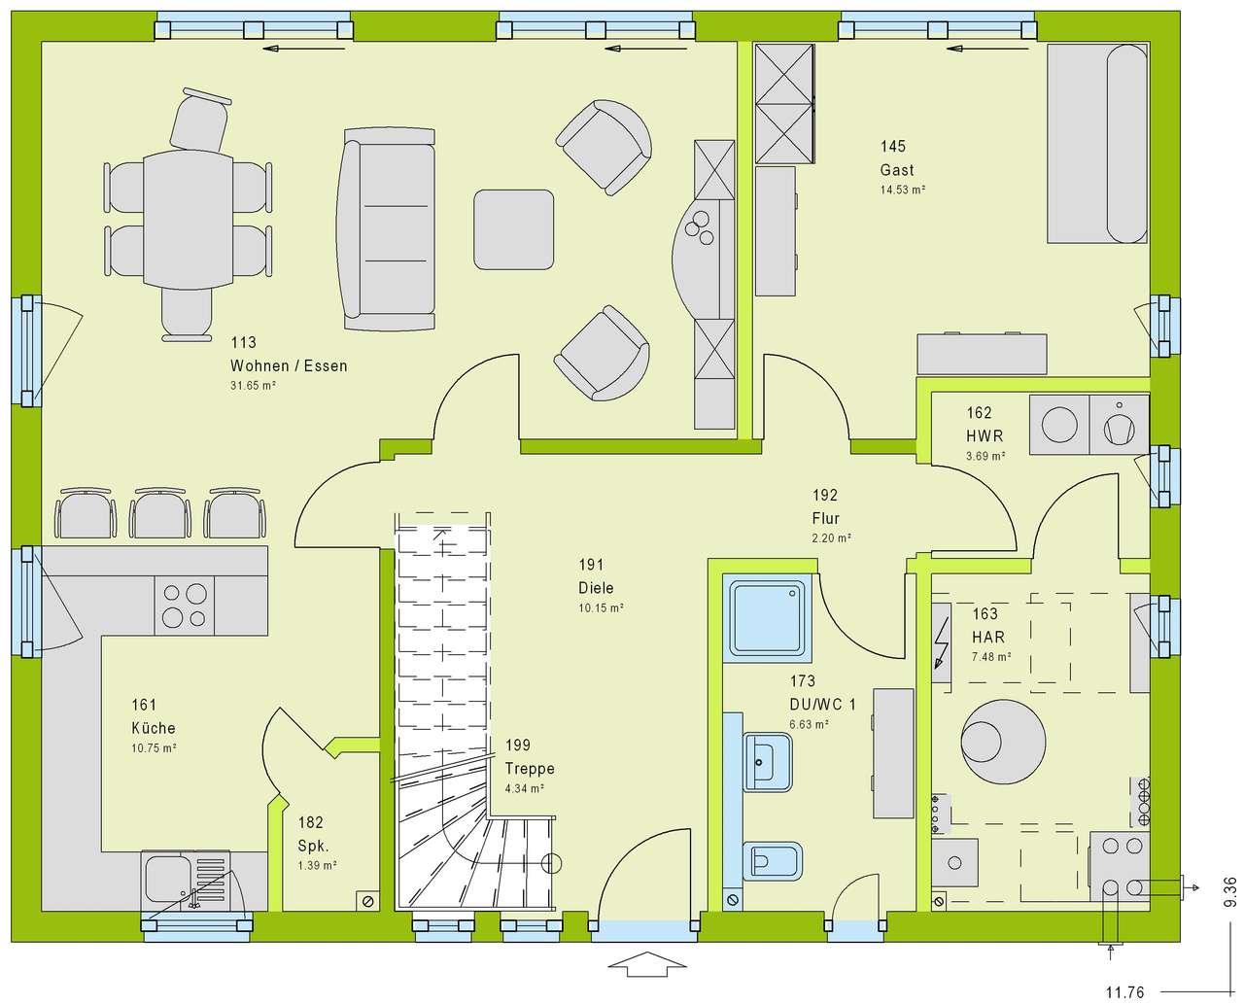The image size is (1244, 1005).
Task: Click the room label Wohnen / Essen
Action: click(289, 366)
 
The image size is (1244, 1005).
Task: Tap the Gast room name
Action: click(896, 170)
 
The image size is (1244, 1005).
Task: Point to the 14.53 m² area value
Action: click(902, 190)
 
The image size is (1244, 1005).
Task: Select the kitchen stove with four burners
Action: click(184, 606)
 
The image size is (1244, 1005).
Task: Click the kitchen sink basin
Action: click(167, 878)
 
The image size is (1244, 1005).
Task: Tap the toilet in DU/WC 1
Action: click(772, 861)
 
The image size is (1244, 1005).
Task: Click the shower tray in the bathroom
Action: click(767, 618)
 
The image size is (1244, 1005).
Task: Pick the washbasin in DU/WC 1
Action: click(768, 762)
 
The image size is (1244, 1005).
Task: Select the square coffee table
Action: click(513, 229)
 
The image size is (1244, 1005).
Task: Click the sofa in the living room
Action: click(387, 229)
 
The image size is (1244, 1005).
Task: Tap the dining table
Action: click(189, 221)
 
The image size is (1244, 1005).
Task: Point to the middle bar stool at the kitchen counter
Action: click(159, 513)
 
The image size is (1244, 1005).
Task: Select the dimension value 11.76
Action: click(1124, 992)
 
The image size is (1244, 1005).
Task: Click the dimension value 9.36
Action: click(1230, 891)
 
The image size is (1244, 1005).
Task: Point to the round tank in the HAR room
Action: click(1003, 742)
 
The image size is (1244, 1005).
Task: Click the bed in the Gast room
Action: click(1097, 143)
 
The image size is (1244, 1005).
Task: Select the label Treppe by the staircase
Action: click(529, 769)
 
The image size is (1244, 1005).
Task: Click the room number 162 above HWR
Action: click(979, 413)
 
